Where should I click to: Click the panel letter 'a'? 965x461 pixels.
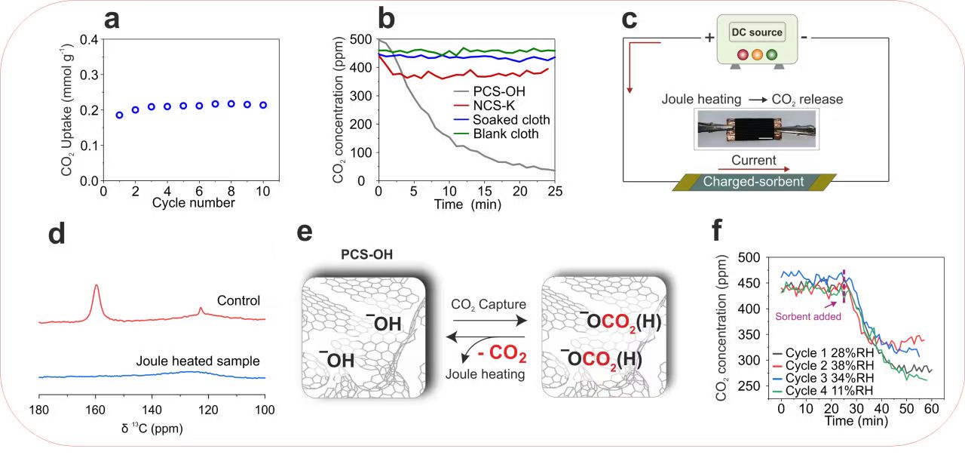click(x=112, y=19)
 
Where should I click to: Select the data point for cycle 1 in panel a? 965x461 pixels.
click(x=119, y=115)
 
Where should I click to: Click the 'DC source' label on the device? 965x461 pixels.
click(x=756, y=32)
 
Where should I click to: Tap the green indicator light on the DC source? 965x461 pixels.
click(x=771, y=54)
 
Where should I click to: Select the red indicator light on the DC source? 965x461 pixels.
click(x=743, y=54)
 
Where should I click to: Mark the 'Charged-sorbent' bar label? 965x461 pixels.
click(x=752, y=182)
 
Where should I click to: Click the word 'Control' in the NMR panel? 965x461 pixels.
click(x=238, y=300)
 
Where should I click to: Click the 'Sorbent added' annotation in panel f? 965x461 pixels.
click(x=804, y=317)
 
